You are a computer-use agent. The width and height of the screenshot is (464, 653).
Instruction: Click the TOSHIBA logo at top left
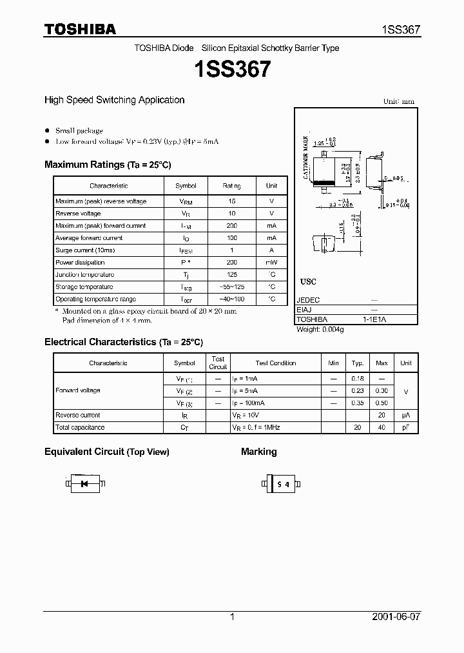(x=80, y=29)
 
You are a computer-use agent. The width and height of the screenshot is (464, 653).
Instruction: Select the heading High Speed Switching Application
(x=114, y=100)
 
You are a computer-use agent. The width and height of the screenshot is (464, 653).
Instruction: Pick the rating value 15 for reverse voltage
(x=232, y=201)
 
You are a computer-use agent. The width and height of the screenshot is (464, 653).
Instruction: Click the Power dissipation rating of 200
(x=232, y=263)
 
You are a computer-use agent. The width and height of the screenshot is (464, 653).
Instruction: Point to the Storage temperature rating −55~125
(x=232, y=287)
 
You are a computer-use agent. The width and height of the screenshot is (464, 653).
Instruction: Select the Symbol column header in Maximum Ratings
(x=186, y=186)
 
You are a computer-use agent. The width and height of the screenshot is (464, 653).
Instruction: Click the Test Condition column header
(x=275, y=363)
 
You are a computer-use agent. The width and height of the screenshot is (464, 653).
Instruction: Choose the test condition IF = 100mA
(x=248, y=403)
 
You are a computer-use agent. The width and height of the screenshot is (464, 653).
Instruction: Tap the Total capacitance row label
(x=80, y=427)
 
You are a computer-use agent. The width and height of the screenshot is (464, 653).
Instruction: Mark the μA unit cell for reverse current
(x=405, y=416)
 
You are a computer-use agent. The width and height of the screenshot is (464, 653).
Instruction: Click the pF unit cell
(x=405, y=428)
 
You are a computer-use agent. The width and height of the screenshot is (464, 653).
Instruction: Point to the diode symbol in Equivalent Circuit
(x=85, y=483)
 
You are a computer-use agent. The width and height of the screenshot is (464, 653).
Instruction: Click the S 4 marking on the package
(x=282, y=483)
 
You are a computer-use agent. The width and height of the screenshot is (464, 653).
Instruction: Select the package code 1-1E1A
(x=374, y=319)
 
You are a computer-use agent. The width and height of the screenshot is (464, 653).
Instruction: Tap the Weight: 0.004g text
(x=320, y=330)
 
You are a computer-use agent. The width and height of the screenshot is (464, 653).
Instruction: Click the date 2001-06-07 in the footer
(x=396, y=617)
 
